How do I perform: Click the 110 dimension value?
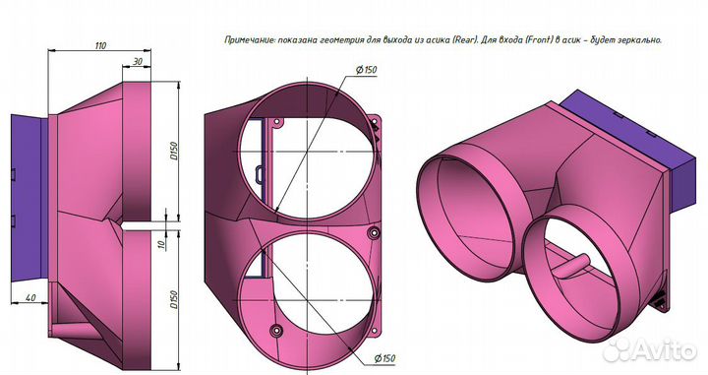100,45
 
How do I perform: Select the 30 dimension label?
138,61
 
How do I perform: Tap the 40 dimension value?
30,298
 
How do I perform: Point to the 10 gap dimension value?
161,244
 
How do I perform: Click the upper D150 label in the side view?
174,151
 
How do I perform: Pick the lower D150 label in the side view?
174,299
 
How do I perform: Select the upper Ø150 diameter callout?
366,70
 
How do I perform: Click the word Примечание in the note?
250,39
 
